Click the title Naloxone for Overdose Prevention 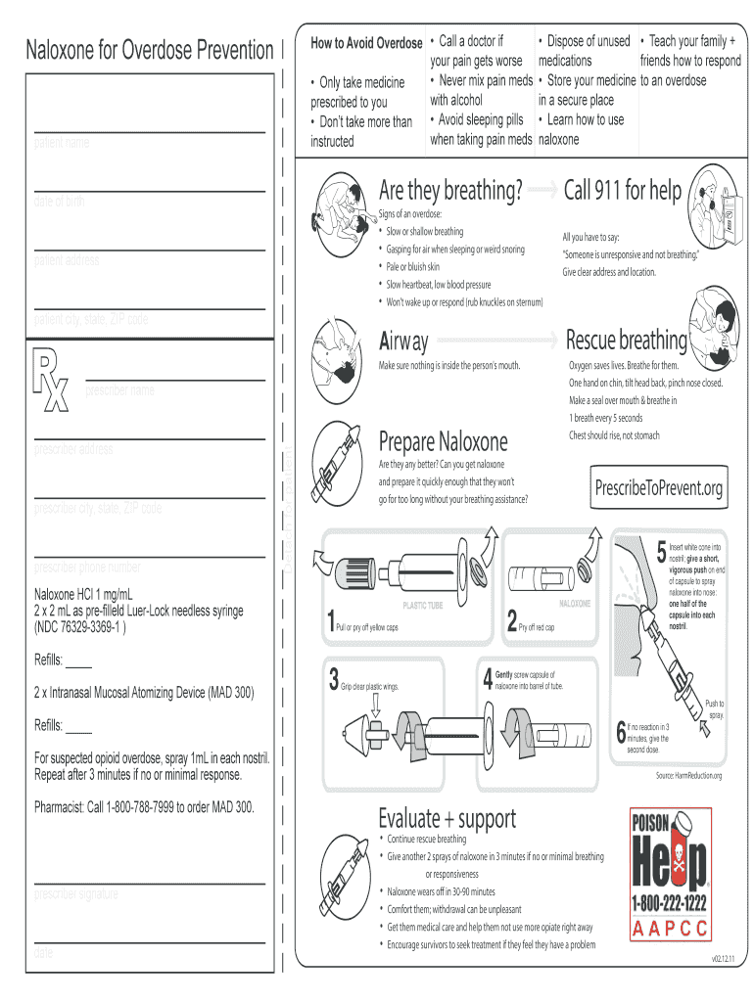(150, 50)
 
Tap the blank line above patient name (150, 129)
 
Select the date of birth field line (150, 189)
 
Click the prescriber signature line (150, 882)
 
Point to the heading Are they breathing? (449, 190)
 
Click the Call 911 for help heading (623, 190)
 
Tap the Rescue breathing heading (626, 341)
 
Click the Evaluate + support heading (447, 817)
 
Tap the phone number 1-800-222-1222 (670, 902)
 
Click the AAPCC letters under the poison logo (670, 928)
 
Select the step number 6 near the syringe (621, 731)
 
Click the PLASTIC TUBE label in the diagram (423, 606)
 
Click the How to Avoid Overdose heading (366, 44)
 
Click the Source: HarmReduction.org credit (688, 776)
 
